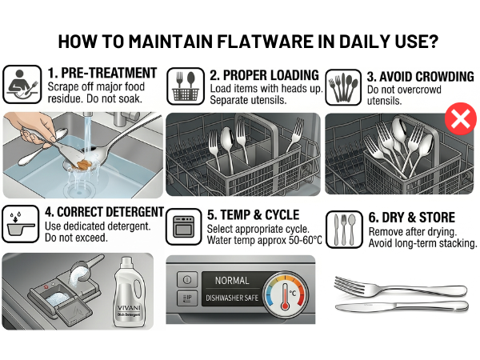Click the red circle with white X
(x=461, y=118)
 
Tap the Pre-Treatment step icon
(x=22, y=85)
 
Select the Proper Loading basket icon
(x=186, y=86)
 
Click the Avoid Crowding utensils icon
(x=343, y=87)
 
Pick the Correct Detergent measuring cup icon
(x=21, y=224)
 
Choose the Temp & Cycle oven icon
(x=184, y=227)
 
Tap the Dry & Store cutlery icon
(x=344, y=230)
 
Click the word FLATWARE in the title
(x=266, y=42)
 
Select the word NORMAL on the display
(x=232, y=281)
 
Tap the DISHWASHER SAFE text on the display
(x=232, y=298)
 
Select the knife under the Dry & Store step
(x=402, y=306)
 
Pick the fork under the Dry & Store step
(x=401, y=287)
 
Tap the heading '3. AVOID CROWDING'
(x=420, y=77)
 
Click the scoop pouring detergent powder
(x=86, y=269)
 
